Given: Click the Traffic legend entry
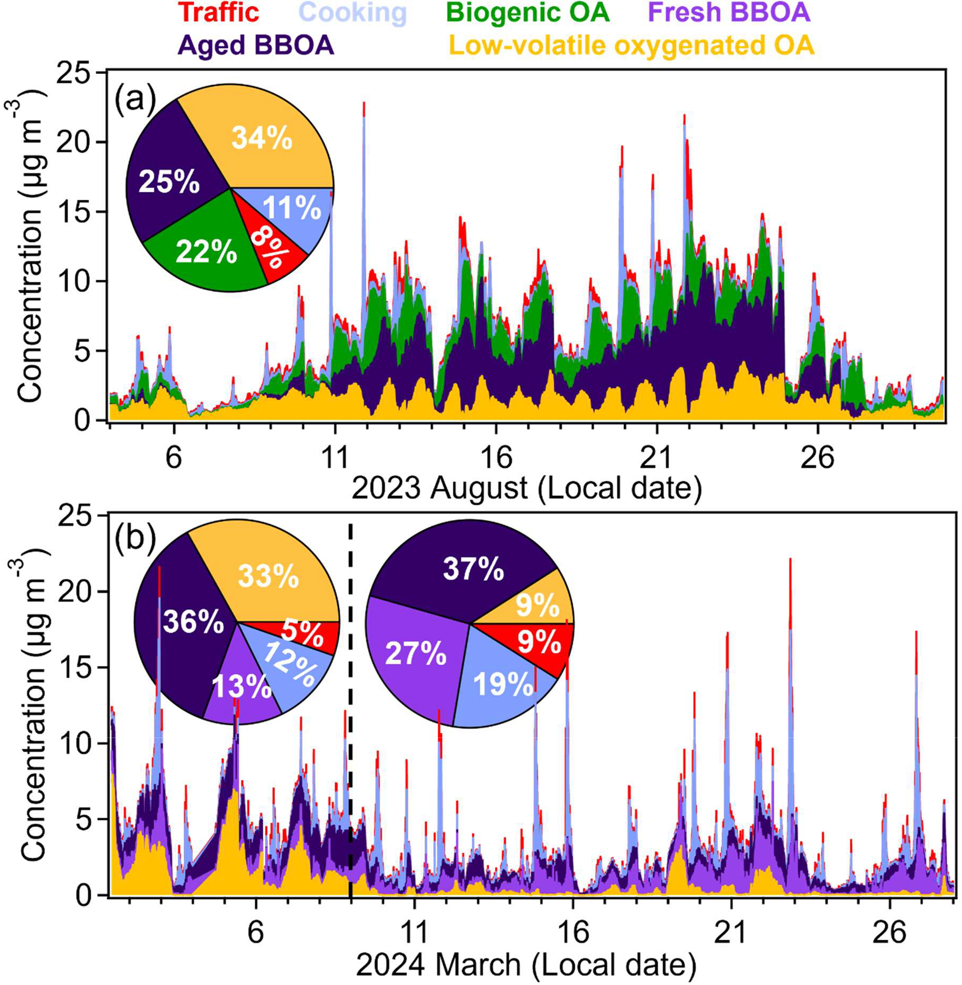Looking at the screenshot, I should (x=218, y=13).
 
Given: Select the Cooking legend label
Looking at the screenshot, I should (x=355, y=13).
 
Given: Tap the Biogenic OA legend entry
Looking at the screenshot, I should (x=527, y=13).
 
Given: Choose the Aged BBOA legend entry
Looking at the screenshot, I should (x=256, y=46).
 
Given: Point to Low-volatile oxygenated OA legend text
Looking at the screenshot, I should (x=631, y=46).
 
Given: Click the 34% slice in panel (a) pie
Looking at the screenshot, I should (x=261, y=137).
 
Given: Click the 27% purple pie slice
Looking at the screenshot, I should (x=415, y=654).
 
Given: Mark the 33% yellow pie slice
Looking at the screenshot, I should (x=268, y=576).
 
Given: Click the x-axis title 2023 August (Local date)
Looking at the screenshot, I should (x=526, y=489).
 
